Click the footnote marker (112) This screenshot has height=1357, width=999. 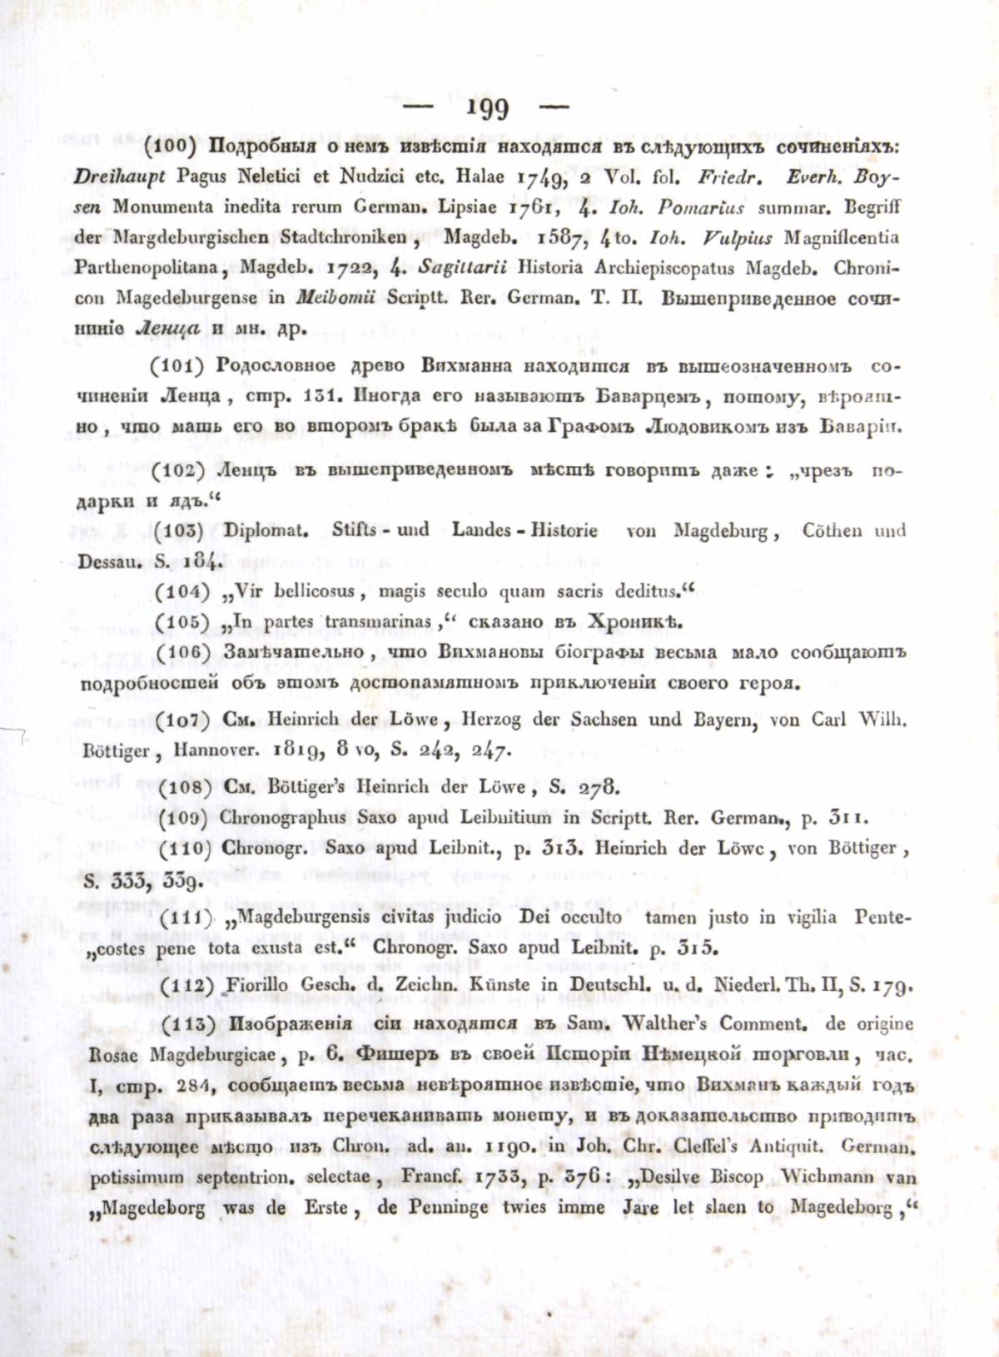pyautogui.click(x=183, y=986)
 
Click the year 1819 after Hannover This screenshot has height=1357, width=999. pyautogui.click(x=298, y=750)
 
